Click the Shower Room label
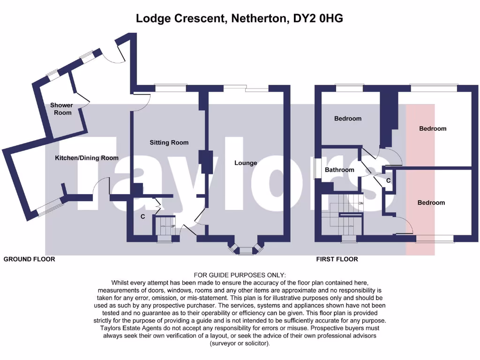(x=61, y=109)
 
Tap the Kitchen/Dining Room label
(x=87, y=158)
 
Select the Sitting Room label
(x=169, y=142)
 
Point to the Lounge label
(x=246, y=163)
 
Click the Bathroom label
(x=339, y=170)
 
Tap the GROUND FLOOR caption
(x=29, y=259)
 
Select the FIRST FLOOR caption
(x=337, y=259)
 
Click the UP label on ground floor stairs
(x=172, y=227)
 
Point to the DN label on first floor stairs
(x=360, y=203)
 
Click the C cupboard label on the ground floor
(x=142, y=217)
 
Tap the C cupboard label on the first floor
(x=389, y=180)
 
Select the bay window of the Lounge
(x=245, y=249)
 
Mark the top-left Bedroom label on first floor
(x=348, y=119)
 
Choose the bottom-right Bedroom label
(x=431, y=202)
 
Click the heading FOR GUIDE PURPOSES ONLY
(x=240, y=275)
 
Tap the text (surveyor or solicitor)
(x=240, y=344)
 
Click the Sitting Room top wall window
(x=171, y=88)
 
